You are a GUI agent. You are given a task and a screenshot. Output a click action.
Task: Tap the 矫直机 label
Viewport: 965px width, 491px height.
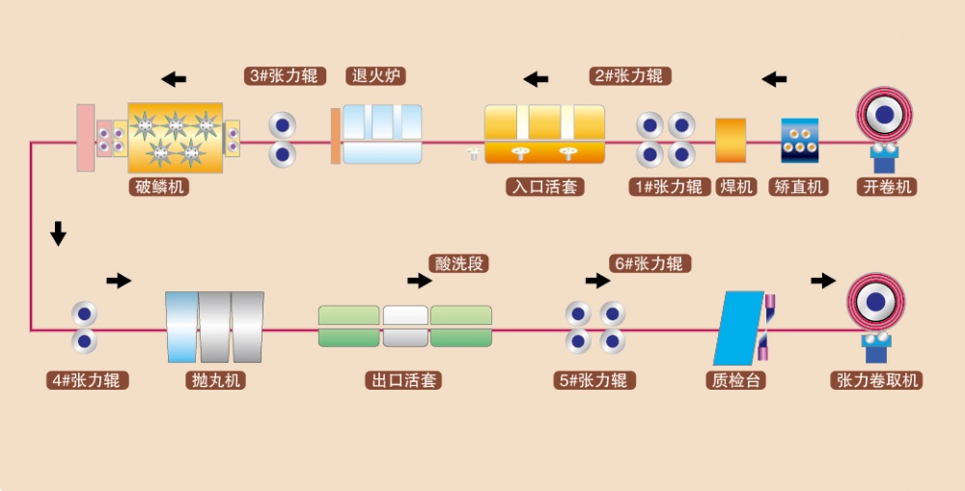799,186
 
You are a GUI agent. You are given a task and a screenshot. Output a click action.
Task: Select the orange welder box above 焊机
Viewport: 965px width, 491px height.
731,140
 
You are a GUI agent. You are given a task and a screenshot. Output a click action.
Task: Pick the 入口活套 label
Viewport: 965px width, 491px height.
544,186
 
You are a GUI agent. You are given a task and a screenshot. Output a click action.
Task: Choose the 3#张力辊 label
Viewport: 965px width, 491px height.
284,75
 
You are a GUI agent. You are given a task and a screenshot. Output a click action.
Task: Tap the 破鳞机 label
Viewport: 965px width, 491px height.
157,186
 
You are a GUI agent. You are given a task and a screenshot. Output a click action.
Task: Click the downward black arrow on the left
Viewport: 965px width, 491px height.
58,233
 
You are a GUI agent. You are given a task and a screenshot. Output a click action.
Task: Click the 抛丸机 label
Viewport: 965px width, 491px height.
214,380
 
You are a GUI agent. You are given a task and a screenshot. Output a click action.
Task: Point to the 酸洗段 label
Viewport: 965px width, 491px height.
459,263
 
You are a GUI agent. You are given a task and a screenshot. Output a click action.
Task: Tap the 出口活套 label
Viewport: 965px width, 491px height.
403,380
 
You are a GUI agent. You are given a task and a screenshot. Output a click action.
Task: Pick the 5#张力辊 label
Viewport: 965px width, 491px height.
596,380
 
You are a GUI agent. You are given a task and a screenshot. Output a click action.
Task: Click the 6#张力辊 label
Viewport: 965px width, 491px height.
651,263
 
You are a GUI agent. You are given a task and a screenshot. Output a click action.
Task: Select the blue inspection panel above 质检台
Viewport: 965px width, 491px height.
738,326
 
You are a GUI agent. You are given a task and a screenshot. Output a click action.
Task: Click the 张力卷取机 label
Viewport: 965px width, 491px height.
875,380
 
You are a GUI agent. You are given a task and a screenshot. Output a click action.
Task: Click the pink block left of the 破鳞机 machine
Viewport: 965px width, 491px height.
85,137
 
